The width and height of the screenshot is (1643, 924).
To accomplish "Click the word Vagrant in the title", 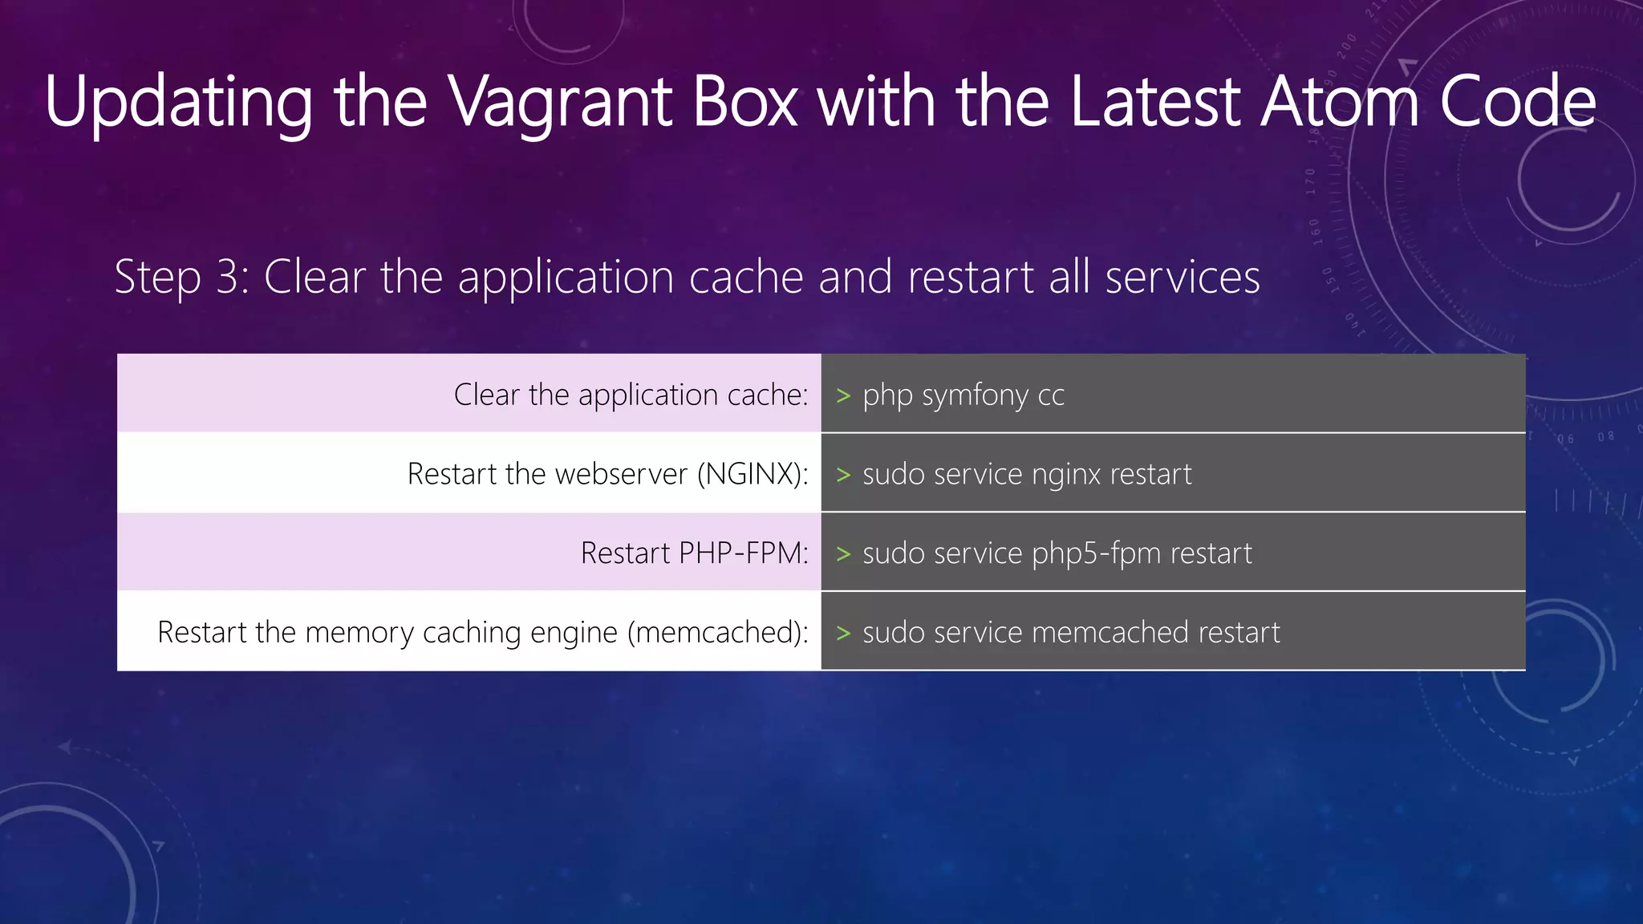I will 560,102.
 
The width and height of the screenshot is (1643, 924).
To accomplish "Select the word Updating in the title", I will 178,102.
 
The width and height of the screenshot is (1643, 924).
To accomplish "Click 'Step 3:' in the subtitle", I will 182,278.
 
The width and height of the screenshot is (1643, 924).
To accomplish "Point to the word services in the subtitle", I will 1183,278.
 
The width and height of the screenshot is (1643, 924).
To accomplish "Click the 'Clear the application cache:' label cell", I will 631,395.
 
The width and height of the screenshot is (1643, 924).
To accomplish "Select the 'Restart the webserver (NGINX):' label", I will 607,474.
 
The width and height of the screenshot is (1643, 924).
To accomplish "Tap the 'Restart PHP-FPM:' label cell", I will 694,553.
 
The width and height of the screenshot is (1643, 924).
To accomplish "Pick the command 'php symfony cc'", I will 963,395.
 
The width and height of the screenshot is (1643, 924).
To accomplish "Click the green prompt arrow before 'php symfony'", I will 843,395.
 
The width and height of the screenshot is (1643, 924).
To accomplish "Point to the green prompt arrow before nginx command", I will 843,475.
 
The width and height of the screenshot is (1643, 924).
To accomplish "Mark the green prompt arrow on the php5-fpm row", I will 843,554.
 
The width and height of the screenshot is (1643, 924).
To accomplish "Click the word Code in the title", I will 1517,102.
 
